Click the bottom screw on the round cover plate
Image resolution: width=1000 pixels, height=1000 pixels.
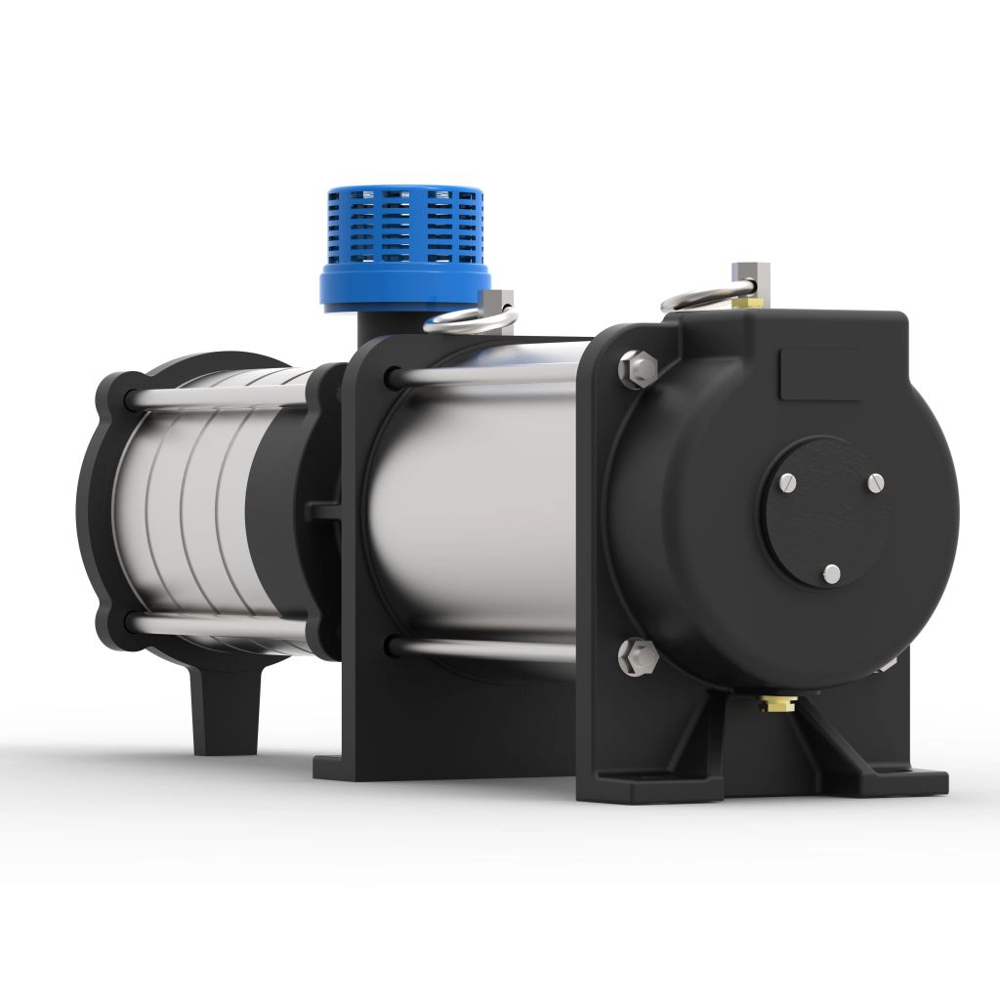pos(831,573)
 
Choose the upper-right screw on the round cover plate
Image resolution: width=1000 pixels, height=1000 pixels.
pos(875,480)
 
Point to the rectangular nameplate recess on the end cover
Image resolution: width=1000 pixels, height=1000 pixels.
pos(820,374)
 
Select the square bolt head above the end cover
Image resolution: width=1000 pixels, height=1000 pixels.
pos(750,276)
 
